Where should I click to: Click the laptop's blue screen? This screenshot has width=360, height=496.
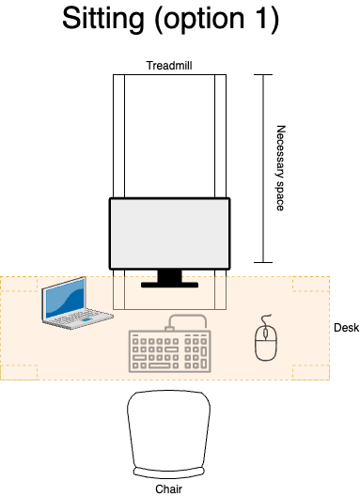tap(64, 299)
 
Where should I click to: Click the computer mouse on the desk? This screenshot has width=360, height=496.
tap(266, 343)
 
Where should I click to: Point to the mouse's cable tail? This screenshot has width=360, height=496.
tap(266, 319)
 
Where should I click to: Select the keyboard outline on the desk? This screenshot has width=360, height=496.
tap(169, 351)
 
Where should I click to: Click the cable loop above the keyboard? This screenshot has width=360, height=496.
tap(187, 319)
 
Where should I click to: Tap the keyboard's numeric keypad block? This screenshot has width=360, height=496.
tap(196, 352)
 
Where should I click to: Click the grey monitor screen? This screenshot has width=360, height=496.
tap(169, 233)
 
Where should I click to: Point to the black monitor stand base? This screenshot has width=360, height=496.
tap(169, 284)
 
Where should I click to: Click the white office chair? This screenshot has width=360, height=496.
tap(168, 428)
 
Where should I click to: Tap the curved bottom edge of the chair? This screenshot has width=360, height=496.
tap(168, 472)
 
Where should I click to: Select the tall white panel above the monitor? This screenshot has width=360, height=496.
tap(169, 136)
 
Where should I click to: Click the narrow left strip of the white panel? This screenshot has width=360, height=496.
tap(118, 136)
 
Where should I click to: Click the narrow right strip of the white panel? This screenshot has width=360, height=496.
tap(220, 136)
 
